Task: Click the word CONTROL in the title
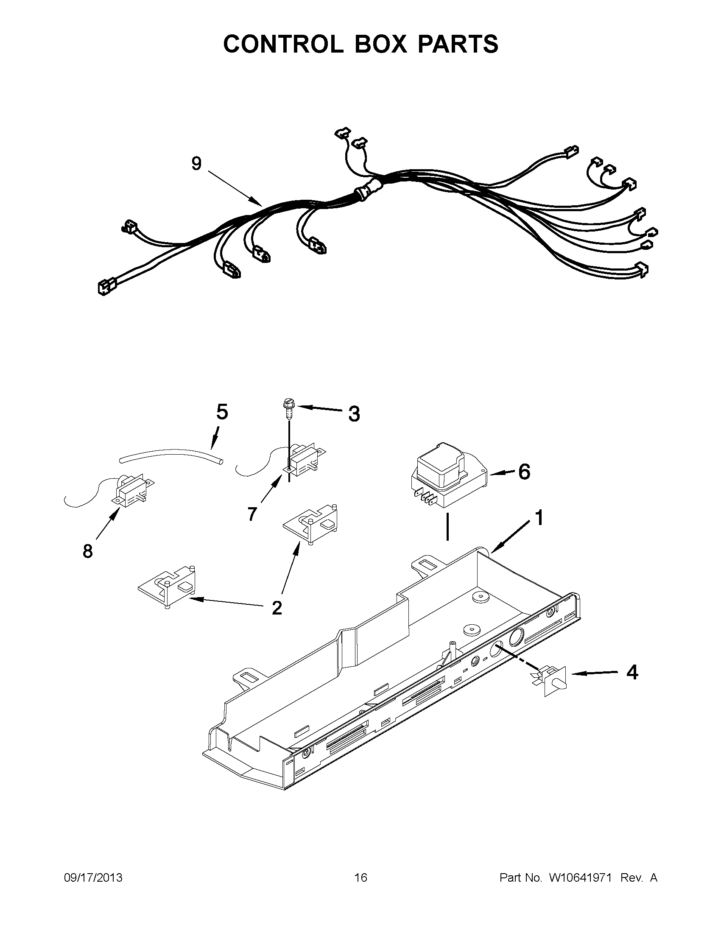pyautogui.click(x=283, y=44)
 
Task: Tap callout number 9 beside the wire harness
pyautogui.click(x=196, y=163)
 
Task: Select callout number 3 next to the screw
pyautogui.click(x=354, y=413)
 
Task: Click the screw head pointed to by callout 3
pyautogui.click(x=288, y=402)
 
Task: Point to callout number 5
pyautogui.click(x=222, y=412)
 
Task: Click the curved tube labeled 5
pyautogui.click(x=171, y=454)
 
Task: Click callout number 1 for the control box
pyautogui.click(x=539, y=518)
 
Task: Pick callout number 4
pyautogui.click(x=632, y=673)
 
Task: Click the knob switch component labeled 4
pyautogui.click(x=553, y=680)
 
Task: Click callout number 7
pyautogui.click(x=252, y=514)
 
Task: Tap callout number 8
pyautogui.click(x=87, y=551)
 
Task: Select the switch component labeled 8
pyautogui.click(x=131, y=491)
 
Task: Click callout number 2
pyautogui.click(x=277, y=607)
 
